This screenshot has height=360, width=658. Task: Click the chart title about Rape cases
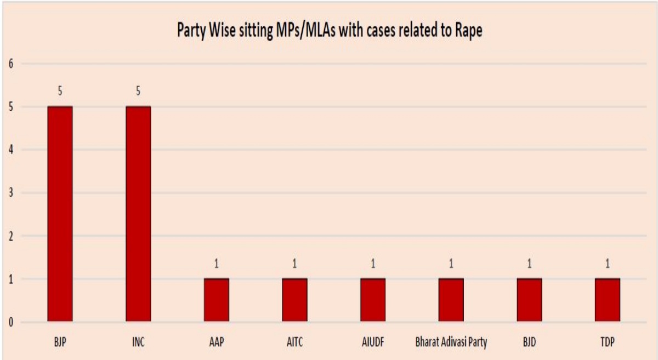pos(329,31)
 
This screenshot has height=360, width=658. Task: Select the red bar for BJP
pos(60,214)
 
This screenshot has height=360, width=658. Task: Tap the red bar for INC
pos(138,214)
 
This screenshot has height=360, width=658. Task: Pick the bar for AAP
pos(217,300)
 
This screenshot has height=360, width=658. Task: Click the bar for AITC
pos(295,300)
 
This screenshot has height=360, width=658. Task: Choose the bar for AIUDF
pos(373,300)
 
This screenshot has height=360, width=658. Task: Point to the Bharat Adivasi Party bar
pos(451,300)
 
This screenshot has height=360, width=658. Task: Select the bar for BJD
pos(529,300)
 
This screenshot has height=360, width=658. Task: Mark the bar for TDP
pos(608,300)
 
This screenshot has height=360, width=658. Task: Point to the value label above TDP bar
pos(608,264)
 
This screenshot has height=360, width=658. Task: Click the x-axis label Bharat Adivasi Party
pos(451,342)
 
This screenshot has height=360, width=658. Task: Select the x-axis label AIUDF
pos(373,342)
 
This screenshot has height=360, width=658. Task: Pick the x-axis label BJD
pos(529,342)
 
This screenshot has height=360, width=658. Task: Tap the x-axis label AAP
pos(217,342)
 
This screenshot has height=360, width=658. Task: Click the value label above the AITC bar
pos(295,264)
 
